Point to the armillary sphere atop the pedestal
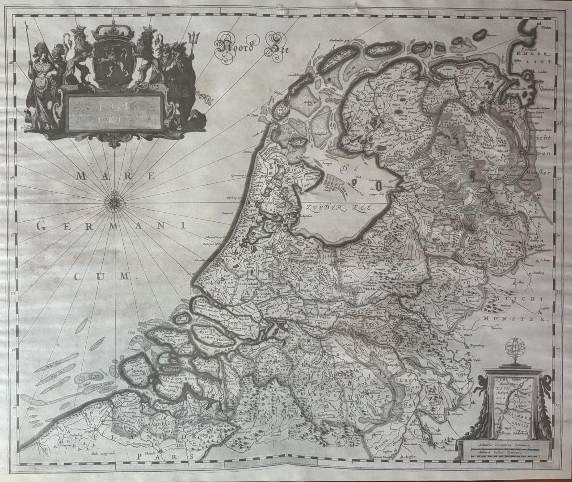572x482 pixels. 513,349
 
